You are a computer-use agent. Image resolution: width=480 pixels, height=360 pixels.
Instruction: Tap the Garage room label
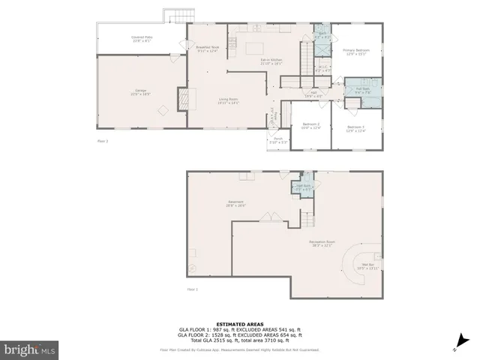pos(140,92)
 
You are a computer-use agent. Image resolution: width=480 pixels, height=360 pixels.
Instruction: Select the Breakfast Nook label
pos(207,49)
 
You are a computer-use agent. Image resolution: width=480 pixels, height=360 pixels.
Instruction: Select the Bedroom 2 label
pos(311,125)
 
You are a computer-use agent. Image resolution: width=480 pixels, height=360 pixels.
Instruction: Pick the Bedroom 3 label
pos(355,128)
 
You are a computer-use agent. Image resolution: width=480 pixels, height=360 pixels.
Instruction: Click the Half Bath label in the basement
pos(303,187)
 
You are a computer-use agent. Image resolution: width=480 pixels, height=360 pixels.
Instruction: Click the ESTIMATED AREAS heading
pos(239,324)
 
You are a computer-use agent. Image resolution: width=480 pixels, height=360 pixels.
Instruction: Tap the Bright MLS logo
pos(29,349)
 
